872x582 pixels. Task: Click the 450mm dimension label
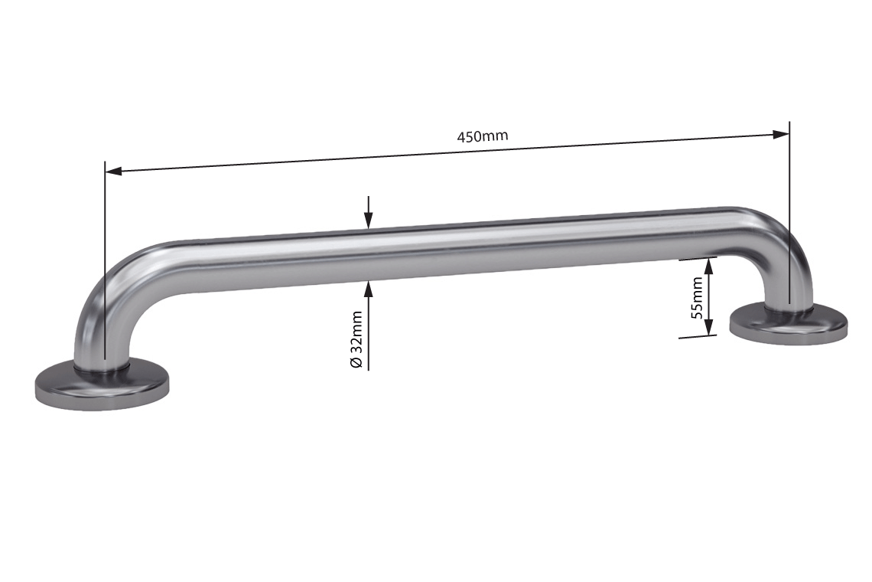[x=482, y=137]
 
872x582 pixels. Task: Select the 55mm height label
[x=697, y=297]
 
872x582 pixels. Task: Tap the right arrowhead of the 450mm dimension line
[x=780, y=135]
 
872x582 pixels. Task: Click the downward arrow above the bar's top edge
[x=369, y=221]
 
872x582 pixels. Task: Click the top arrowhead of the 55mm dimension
[x=708, y=266]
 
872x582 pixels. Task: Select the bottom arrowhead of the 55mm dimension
[x=708, y=327]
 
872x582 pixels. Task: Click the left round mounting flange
[x=102, y=387]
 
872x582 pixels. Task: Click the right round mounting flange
[x=789, y=323]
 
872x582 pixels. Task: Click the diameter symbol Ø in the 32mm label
[x=356, y=362]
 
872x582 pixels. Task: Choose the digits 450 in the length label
[x=470, y=138]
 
